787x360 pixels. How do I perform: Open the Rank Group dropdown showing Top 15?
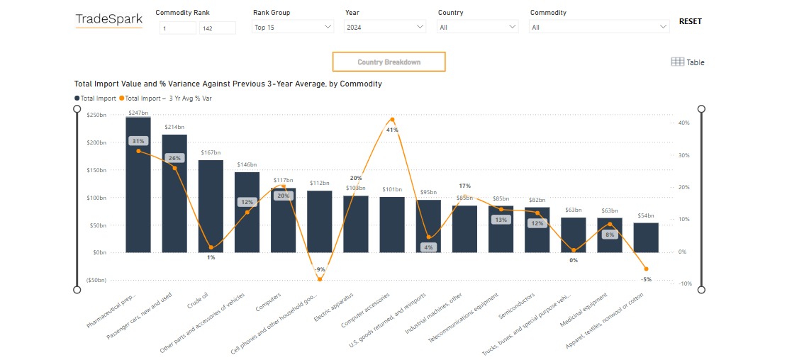click(x=292, y=27)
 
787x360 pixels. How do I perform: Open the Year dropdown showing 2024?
click(x=384, y=27)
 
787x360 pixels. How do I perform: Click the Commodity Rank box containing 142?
click(x=217, y=28)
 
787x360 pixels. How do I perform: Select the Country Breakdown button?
click(x=389, y=62)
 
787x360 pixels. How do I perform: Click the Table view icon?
click(x=687, y=62)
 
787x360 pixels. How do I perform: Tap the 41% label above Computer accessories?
click(x=392, y=130)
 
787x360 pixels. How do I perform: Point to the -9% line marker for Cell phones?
click(x=320, y=279)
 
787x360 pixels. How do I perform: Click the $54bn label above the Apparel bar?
click(x=645, y=216)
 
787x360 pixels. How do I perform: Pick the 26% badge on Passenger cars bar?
click(x=174, y=157)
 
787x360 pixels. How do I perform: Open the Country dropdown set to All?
click(x=477, y=27)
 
